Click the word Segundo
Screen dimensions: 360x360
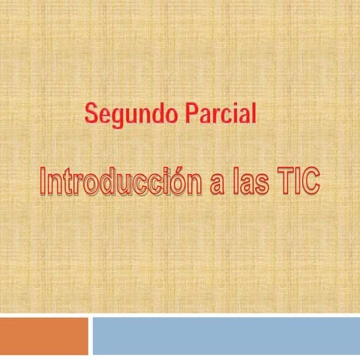125,114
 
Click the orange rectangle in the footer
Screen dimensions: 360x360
43,334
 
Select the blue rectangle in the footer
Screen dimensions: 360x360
225,334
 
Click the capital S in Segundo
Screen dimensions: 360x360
91,114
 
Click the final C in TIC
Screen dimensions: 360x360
309,181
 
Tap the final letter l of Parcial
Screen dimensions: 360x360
253,113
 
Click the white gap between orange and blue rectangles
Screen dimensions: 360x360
90,334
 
